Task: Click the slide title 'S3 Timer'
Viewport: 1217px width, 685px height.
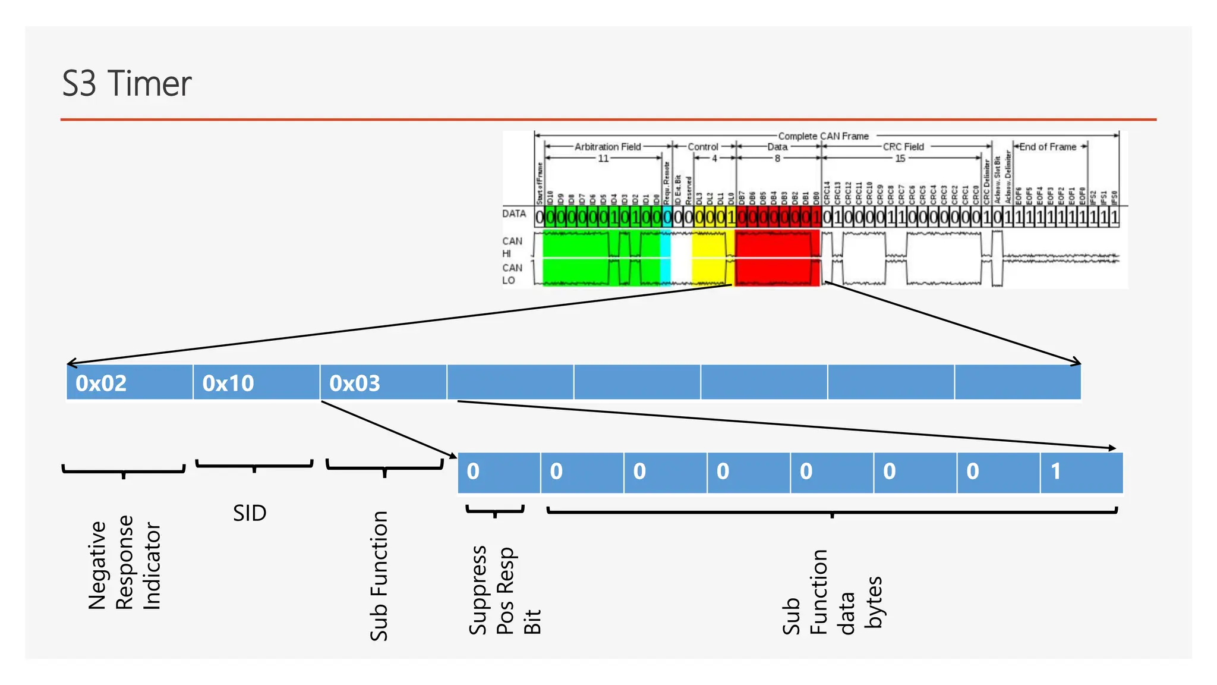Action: coord(127,83)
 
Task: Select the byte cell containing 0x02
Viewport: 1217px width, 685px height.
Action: coord(130,382)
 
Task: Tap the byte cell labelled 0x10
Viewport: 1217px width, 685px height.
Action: coord(256,382)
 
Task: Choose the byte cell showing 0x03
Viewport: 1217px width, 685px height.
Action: coord(383,382)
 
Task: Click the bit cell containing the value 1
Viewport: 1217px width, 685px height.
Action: coord(1081,472)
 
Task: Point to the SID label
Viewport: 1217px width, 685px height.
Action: coord(250,513)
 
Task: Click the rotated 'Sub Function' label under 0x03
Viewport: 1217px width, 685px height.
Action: coord(379,576)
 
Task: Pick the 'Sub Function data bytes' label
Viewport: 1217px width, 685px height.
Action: coord(831,592)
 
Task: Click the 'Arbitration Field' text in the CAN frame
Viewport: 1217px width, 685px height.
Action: coord(607,147)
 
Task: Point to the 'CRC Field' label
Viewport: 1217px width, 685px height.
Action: coord(903,147)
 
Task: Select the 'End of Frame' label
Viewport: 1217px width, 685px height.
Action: coord(1048,147)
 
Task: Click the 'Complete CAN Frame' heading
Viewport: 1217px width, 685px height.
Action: coord(823,136)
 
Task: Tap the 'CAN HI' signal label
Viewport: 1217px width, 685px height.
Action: coord(512,247)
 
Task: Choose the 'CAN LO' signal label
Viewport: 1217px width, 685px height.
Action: coord(512,274)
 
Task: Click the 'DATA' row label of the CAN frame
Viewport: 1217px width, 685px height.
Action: coord(514,213)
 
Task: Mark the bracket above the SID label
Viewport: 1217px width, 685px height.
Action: coord(254,464)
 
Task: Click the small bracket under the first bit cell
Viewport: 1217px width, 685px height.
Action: coord(495,510)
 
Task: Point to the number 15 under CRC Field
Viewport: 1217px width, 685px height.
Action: coord(900,158)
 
